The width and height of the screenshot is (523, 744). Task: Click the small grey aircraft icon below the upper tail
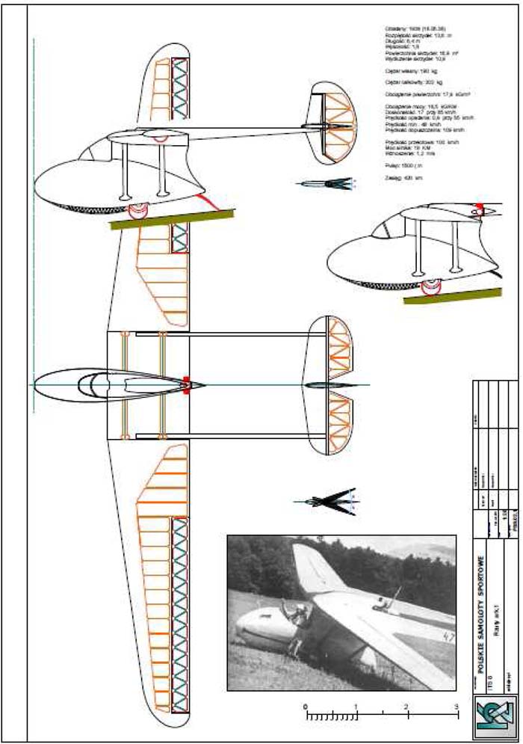(328, 182)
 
